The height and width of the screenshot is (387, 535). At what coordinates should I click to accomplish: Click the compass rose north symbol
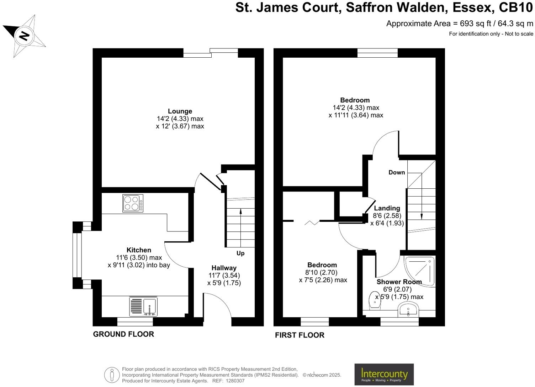(x=24, y=36)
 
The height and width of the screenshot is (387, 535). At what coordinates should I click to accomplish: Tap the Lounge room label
(x=180, y=111)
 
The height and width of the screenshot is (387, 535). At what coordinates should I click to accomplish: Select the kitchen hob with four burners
(x=133, y=203)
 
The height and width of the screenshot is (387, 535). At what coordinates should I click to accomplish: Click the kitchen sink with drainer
(x=143, y=307)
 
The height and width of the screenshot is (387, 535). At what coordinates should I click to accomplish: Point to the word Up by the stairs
(x=240, y=253)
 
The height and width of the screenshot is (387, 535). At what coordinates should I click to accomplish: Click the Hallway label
(x=224, y=268)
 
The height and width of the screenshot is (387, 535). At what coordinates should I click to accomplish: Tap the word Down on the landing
(x=397, y=172)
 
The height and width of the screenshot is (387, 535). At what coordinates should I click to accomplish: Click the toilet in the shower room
(x=375, y=300)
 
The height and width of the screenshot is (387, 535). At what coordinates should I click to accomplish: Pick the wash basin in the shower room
(x=409, y=309)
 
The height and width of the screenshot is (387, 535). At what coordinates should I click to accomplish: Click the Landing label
(x=387, y=208)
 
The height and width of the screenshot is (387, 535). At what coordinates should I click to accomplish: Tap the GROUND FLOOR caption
(x=123, y=334)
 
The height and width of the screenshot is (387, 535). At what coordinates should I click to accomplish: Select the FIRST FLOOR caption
(x=300, y=335)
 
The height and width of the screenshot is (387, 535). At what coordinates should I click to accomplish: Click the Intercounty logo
(x=384, y=374)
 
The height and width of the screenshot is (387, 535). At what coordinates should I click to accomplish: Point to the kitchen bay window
(x=77, y=255)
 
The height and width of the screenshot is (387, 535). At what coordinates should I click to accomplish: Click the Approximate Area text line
(x=460, y=24)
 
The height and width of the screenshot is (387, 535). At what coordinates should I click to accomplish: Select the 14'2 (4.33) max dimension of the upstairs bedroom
(x=356, y=108)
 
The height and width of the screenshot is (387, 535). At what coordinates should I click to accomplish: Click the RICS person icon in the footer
(x=112, y=375)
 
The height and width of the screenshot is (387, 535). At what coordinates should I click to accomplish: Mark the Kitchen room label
(x=139, y=250)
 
